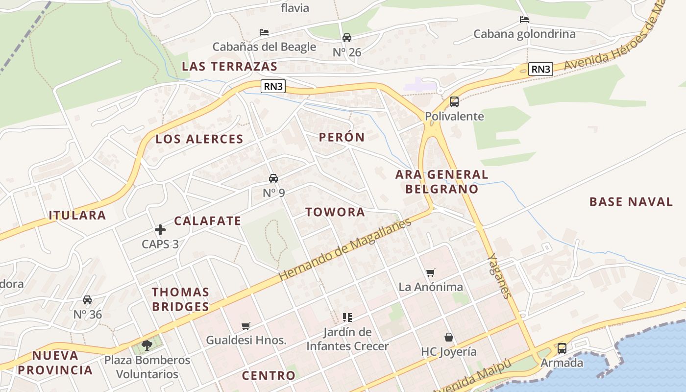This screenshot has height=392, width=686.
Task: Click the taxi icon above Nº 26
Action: click(x=347, y=37)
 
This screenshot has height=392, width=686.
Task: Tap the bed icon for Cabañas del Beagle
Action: click(x=264, y=32)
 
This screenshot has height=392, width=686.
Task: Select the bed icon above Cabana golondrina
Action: click(x=524, y=20)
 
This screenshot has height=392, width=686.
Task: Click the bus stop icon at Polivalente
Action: click(x=454, y=102)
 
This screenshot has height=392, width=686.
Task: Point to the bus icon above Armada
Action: click(x=562, y=348)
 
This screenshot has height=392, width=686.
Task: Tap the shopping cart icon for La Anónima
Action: click(x=431, y=272)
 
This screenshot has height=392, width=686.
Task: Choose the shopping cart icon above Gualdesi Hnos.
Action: click(x=246, y=326)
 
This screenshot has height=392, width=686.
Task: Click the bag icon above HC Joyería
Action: click(x=448, y=337)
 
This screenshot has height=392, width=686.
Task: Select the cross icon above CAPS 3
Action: click(x=160, y=229)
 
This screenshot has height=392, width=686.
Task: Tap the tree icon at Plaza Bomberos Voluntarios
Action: click(x=147, y=346)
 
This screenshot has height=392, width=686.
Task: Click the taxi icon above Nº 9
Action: click(x=273, y=178)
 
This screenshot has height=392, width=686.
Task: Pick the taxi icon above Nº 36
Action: click(x=87, y=299)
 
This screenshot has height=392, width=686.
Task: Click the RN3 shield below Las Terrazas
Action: click(x=273, y=87)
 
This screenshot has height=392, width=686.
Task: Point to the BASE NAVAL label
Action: click(x=631, y=201)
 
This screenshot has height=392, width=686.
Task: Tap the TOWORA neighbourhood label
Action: click(x=335, y=212)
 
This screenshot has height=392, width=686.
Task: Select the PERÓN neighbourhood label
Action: click(x=342, y=137)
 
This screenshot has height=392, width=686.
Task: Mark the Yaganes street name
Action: click(x=500, y=276)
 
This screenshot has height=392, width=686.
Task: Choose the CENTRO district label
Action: click(x=269, y=376)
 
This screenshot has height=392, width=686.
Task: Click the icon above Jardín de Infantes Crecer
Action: click(x=347, y=317)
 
